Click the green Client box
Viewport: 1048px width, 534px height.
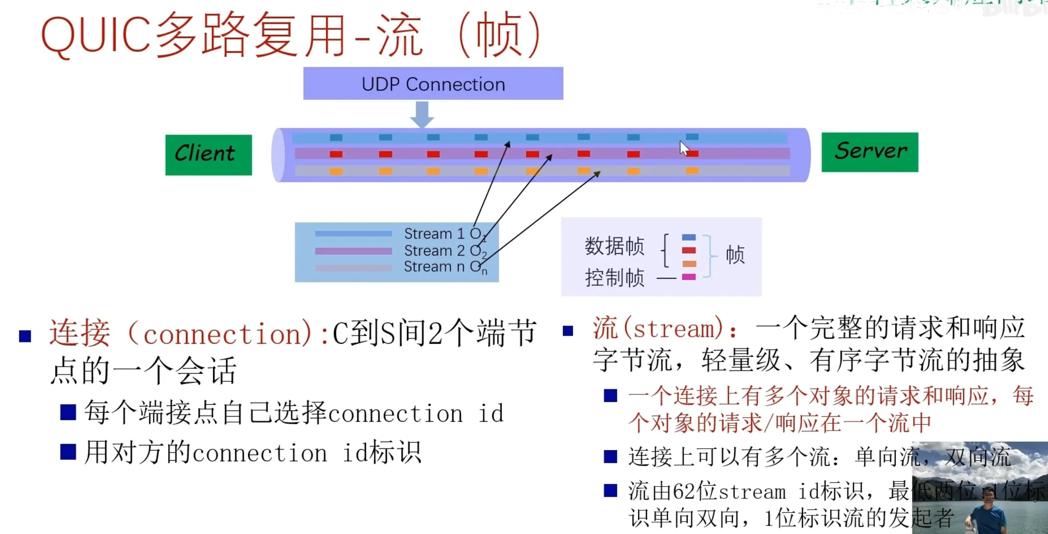209,155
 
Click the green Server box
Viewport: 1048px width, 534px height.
870,152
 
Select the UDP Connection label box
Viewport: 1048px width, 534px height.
433,83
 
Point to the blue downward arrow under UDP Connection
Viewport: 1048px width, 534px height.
422,114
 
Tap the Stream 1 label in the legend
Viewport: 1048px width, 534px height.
434,234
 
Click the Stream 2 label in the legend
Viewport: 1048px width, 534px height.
434,250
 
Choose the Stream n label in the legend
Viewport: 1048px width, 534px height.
434,267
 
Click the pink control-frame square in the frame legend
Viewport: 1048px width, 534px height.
689,277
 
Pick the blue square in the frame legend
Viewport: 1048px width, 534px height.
689,237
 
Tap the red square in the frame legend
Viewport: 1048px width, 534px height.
689,250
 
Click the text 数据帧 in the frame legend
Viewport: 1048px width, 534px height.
614,246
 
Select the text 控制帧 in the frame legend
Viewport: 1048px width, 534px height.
614,278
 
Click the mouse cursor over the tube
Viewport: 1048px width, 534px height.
683,148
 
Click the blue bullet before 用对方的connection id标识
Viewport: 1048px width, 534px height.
68,452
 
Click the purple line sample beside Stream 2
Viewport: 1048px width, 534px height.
353,251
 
